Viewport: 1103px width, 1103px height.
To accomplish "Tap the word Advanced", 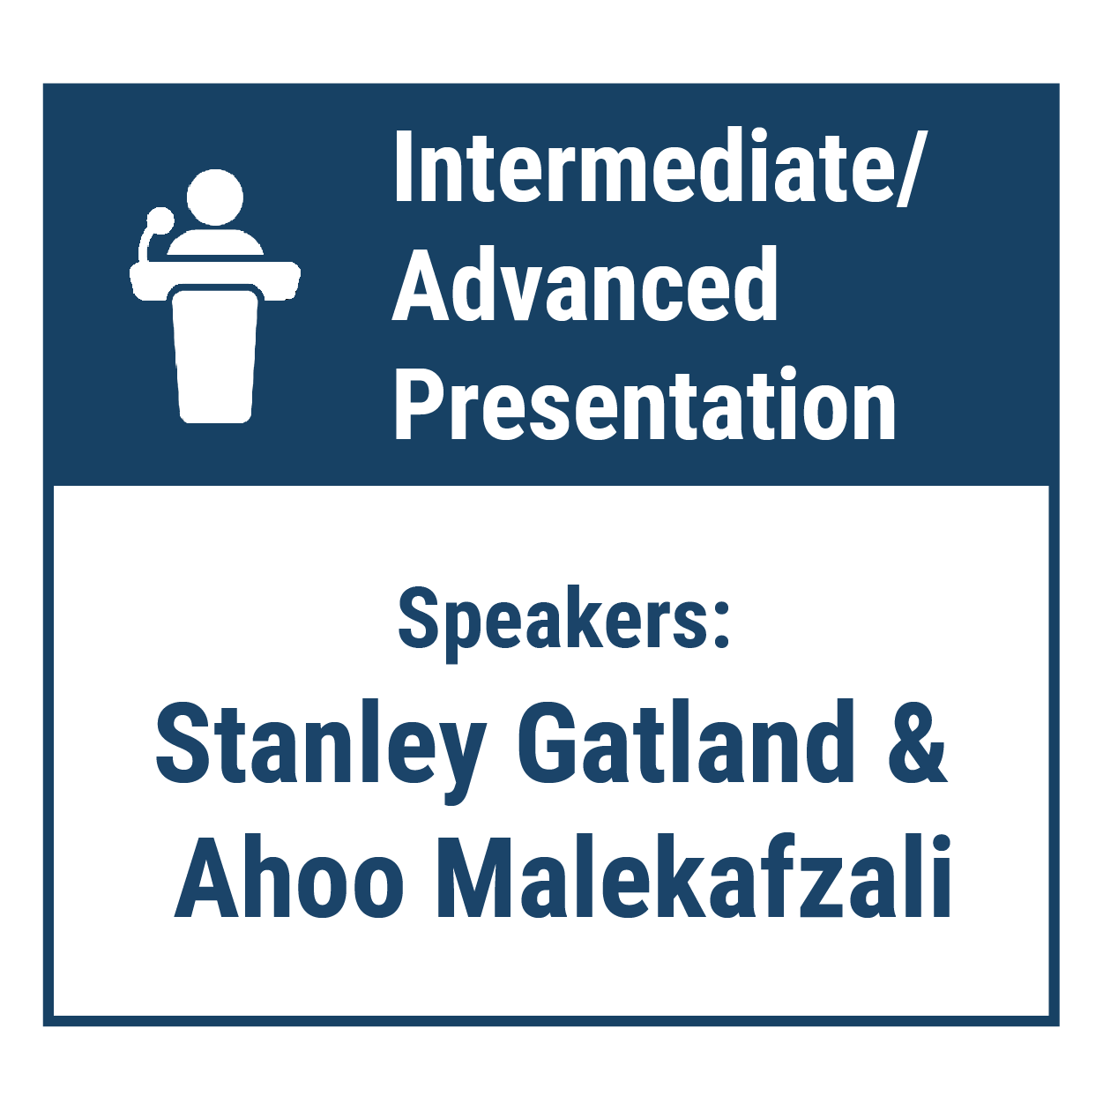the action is click(585, 284).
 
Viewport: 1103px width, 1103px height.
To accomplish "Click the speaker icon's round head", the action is click(215, 197).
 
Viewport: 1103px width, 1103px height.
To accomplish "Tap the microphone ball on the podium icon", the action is click(160, 220).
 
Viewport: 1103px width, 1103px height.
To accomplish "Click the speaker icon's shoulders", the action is click(215, 242).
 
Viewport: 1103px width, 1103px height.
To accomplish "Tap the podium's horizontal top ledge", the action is click(215, 279).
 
